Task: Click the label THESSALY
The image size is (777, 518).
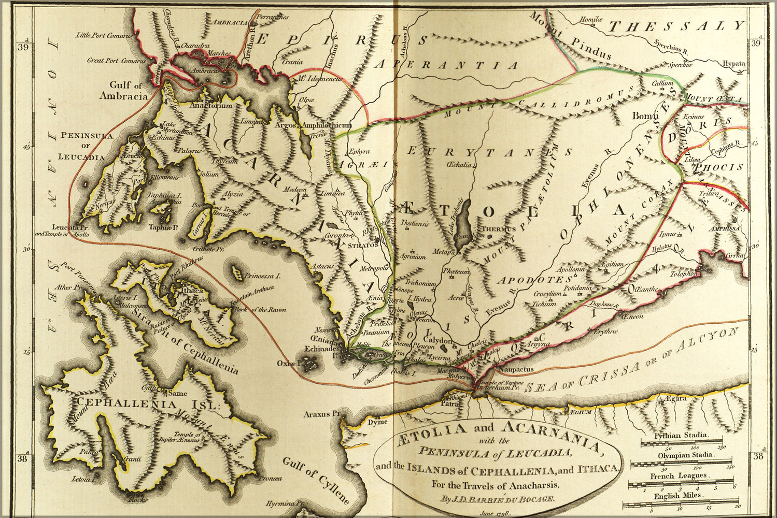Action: [676, 26]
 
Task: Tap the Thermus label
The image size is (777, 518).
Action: [498, 229]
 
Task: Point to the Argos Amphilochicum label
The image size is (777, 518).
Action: [314, 125]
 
